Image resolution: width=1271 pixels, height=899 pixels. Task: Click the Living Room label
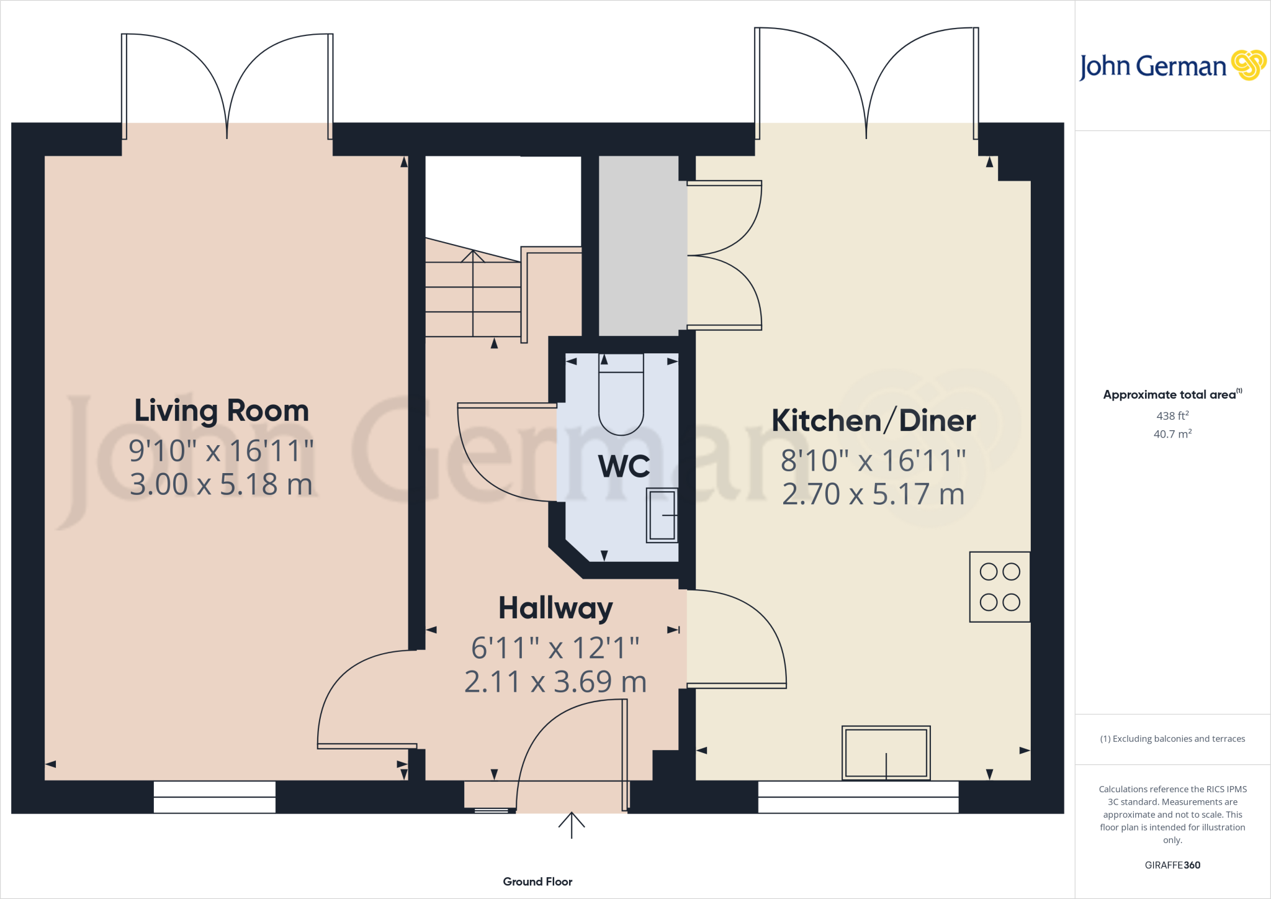pyautogui.click(x=222, y=411)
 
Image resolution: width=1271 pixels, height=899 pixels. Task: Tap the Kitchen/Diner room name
pyautogui.click(x=873, y=421)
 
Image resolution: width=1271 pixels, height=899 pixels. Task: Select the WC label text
pyautogui.click(x=624, y=466)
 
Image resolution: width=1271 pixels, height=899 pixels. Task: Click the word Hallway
pyautogui.click(x=555, y=608)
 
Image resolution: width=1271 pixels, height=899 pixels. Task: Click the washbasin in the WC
pyautogui.click(x=662, y=515)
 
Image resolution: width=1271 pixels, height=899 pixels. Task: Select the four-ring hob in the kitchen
pyautogui.click(x=999, y=587)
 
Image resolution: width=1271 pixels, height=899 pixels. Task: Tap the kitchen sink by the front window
pyautogui.click(x=886, y=752)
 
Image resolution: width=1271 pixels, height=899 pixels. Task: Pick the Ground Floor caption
pyautogui.click(x=537, y=882)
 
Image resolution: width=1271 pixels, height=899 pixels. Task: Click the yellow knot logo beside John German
pyautogui.click(x=1248, y=65)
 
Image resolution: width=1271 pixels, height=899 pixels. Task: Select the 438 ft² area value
pyautogui.click(x=1172, y=415)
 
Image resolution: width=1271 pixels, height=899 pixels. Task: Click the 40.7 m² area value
pyautogui.click(x=1172, y=434)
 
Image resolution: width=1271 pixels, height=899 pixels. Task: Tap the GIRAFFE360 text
pyautogui.click(x=1172, y=865)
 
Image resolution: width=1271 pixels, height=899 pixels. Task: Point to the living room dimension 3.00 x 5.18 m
pyautogui.click(x=222, y=484)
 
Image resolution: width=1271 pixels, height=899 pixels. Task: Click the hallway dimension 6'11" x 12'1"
pyautogui.click(x=555, y=648)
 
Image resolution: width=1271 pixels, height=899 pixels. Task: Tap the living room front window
pyautogui.click(x=214, y=797)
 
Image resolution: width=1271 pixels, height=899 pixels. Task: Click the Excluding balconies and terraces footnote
pyautogui.click(x=1172, y=739)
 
